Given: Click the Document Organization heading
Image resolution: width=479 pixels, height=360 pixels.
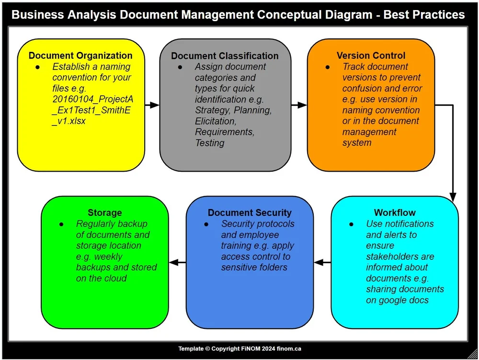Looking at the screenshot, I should (80, 56).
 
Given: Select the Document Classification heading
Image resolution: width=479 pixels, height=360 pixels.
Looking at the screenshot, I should (225, 56).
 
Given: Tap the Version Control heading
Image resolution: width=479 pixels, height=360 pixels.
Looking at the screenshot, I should (371, 56).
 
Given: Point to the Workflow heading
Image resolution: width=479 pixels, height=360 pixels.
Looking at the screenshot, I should (395, 212).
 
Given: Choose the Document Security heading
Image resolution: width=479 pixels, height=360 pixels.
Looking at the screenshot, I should (250, 212).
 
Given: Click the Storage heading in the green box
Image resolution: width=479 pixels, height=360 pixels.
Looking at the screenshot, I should (104, 212).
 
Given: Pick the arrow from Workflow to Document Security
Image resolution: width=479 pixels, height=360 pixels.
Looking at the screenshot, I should (322, 262).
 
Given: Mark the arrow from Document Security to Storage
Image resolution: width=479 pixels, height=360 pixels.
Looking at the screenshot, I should (178, 262).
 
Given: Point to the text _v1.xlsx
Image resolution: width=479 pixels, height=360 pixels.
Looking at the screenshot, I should (69, 121).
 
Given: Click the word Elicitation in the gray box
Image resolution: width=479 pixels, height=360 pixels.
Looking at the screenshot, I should (216, 121).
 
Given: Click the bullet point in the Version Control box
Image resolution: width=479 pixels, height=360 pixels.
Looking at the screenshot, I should (328, 67).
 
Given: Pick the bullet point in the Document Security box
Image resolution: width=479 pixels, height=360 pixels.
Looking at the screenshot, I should (206, 224).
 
